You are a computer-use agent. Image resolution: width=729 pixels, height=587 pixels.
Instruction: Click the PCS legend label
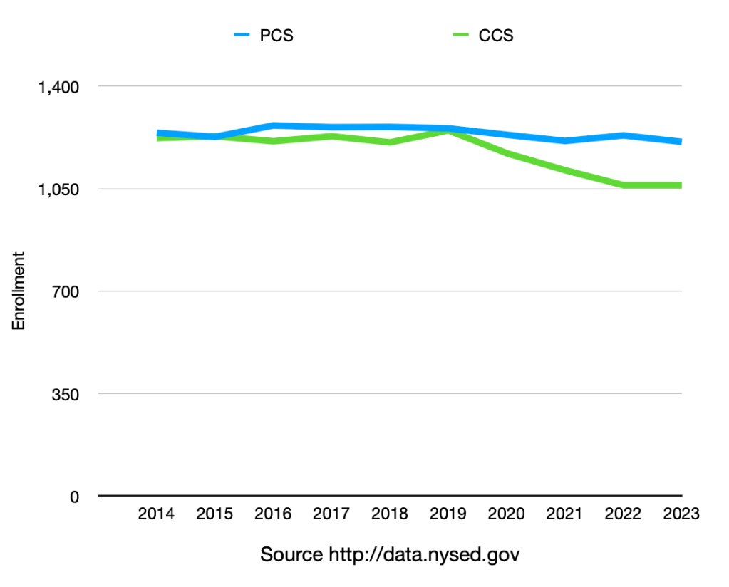[x=276, y=35]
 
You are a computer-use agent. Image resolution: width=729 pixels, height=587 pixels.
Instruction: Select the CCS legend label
[x=496, y=35]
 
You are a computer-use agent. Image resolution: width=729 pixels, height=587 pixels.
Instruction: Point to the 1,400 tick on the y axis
[x=58, y=87]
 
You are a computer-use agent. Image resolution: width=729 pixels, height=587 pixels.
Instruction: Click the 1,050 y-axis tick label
[x=58, y=189]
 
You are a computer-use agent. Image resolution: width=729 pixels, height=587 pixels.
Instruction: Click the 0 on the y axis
[x=73, y=497]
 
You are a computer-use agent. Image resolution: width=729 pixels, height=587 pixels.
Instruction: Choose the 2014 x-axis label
[x=157, y=514]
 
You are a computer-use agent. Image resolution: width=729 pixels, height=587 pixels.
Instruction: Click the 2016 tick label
[x=272, y=514]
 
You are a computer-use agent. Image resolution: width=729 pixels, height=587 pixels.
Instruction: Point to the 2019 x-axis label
[x=448, y=514]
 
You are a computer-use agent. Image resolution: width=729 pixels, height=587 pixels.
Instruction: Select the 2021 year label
[x=565, y=514]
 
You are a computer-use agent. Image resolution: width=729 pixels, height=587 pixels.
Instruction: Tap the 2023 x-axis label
[x=681, y=514]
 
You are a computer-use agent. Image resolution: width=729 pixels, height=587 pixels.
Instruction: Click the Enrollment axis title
[x=19, y=290]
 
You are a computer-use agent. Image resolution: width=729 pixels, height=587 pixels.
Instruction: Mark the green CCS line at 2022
[x=624, y=185]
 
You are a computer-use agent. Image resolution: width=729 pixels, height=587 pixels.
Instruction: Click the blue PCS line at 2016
[x=272, y=125]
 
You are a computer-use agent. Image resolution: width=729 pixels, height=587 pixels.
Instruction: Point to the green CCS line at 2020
[x=507, y=153]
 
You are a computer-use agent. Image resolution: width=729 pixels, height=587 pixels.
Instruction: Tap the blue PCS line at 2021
[x=565, y=140]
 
